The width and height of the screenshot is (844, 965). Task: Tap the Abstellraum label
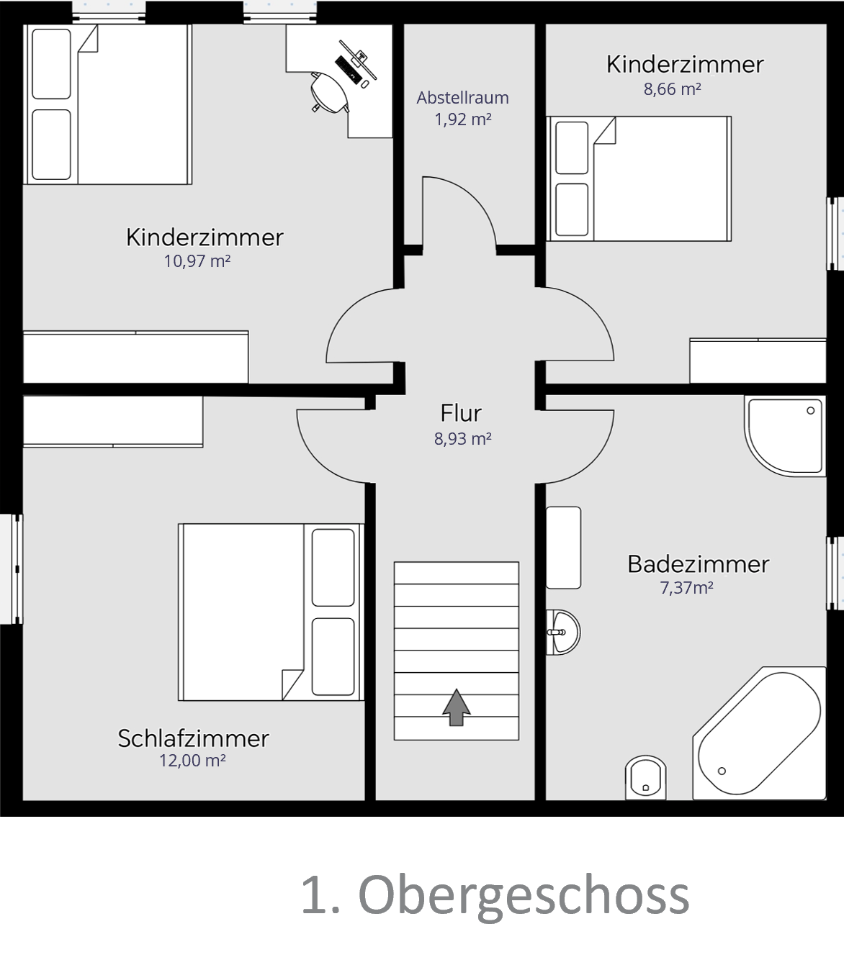tap(462, 98)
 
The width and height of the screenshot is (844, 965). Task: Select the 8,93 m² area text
tap(462, 439)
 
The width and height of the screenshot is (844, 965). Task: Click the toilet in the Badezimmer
tap(646, 778)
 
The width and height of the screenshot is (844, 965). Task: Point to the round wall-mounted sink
tap(563, 632)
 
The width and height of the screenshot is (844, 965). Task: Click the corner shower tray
tap(785, 435)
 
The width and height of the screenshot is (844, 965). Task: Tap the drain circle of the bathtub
tap(722, 771)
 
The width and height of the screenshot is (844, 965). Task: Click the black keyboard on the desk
tap(348, 68)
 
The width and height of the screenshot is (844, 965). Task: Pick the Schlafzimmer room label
tap(193, 738)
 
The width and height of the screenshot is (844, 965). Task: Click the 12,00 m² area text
tap(192, 761)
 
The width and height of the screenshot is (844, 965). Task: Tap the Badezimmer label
tap(698, 564)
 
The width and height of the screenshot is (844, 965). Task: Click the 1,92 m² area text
tap(462, 119)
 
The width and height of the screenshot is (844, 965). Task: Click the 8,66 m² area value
tap(672, 89)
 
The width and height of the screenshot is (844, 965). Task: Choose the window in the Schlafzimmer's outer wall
tap(12, 569)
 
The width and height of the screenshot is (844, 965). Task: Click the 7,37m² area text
tap(686, 588)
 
